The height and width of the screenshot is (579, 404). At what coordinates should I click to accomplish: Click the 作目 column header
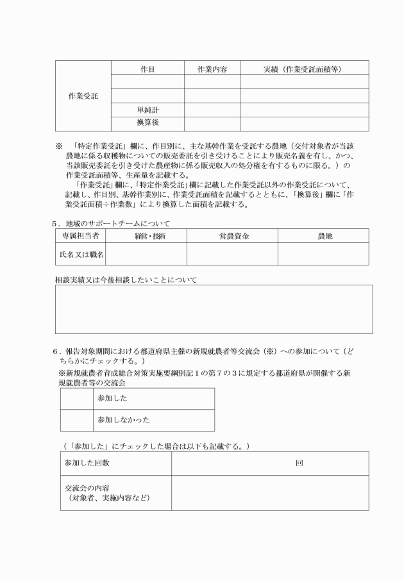click(147, 68)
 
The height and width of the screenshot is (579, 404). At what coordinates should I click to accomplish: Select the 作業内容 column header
click(212, 68)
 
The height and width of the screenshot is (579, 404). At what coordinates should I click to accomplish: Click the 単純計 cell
click(147, 110)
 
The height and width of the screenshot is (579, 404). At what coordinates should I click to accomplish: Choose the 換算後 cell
click(147, 124)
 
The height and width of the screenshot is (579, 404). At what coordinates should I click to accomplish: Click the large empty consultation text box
click(214, 310)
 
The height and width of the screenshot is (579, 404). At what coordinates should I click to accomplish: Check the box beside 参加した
click(76, 398)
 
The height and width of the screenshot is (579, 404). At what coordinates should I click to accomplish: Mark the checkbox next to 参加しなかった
click(76, 420)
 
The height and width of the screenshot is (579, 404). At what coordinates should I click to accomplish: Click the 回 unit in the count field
click(299, 463)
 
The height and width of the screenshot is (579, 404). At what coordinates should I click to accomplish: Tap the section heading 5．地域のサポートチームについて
click(115, 223)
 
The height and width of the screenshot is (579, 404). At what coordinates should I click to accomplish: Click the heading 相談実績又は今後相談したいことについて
click(126, 280)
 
